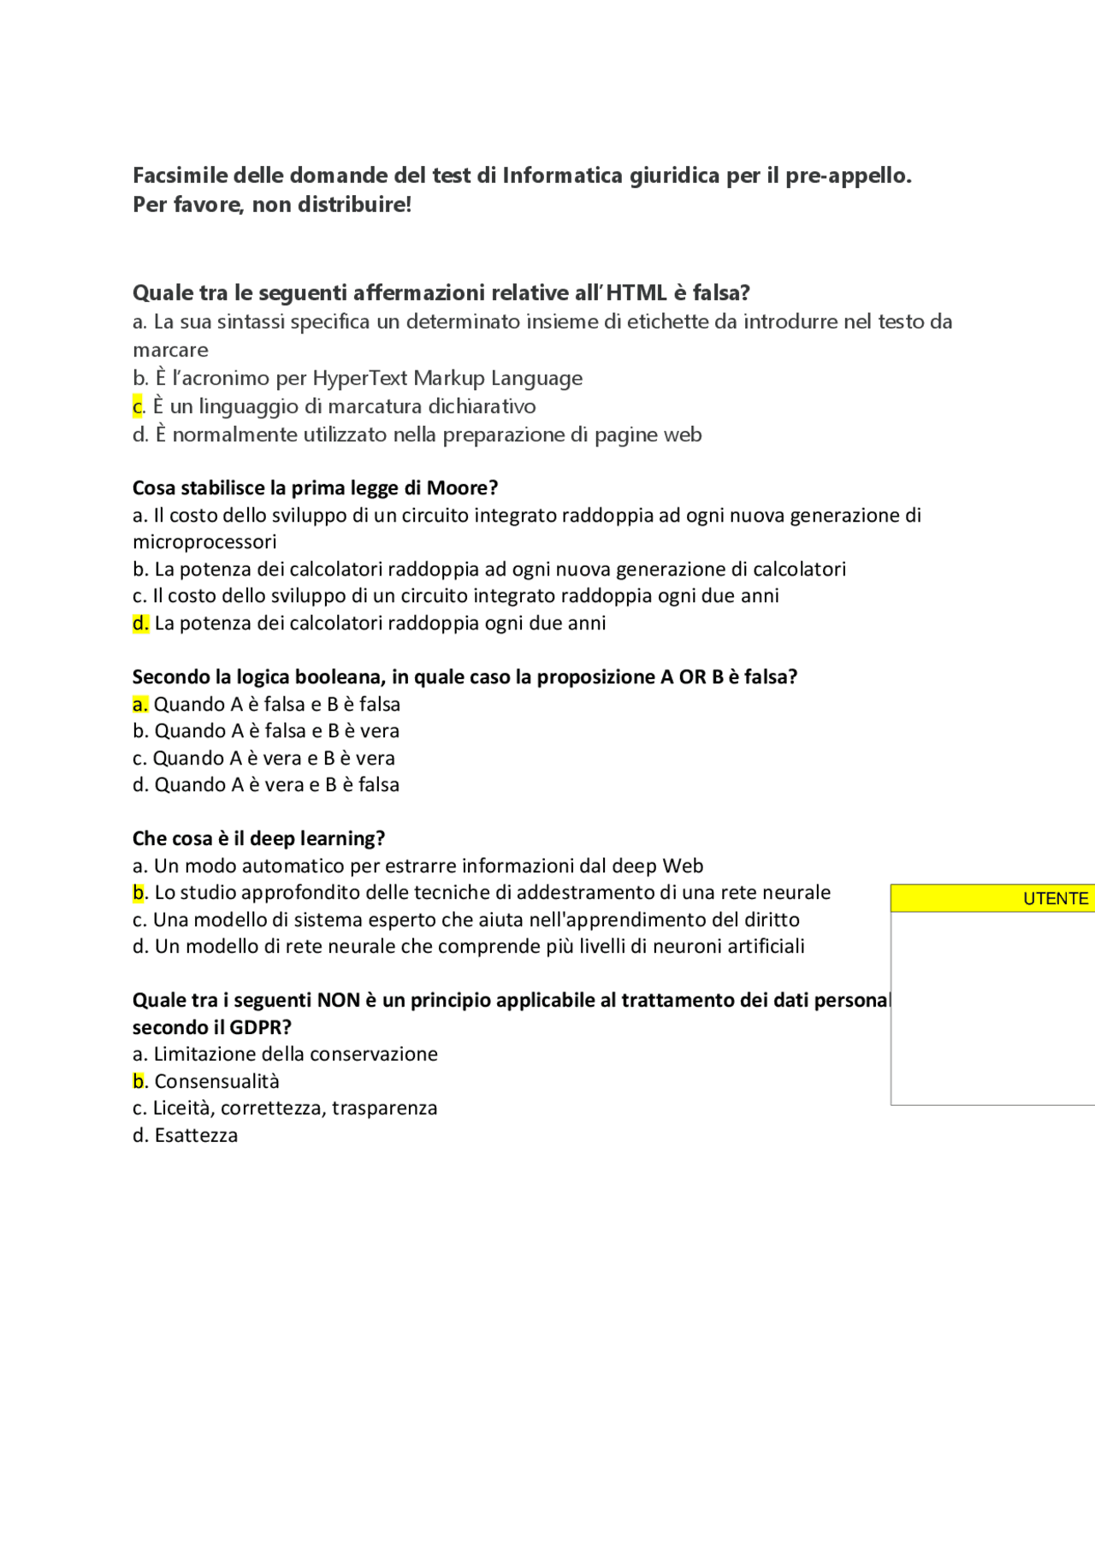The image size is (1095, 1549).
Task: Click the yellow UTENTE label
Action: click(x=1055, y=898)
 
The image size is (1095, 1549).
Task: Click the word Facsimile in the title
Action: click(x=180, y=175)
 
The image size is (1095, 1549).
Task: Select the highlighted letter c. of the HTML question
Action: click(x=139, y=406)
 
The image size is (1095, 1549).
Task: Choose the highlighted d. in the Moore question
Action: click(x=141, y=623)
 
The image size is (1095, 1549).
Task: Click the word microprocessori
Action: click(x=204, y=541)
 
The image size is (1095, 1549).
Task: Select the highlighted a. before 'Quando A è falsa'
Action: click(x=140, y=704)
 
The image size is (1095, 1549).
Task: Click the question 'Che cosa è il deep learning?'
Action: click(x=258, y=838)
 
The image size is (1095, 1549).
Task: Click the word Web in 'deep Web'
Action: click(x=683, y=866)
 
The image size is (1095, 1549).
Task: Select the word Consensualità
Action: click(x=216, y=1081)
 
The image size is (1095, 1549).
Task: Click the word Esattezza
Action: click(x=196, y=1135)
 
